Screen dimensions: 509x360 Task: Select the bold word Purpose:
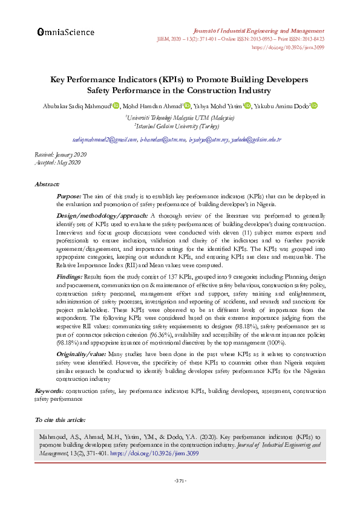(68, 196)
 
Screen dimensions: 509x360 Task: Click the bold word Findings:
(70, 276)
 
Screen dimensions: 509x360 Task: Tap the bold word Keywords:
(49, 392)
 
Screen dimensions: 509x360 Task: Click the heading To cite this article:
(60, 419)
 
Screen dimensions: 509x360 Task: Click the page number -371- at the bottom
(180, 481)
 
